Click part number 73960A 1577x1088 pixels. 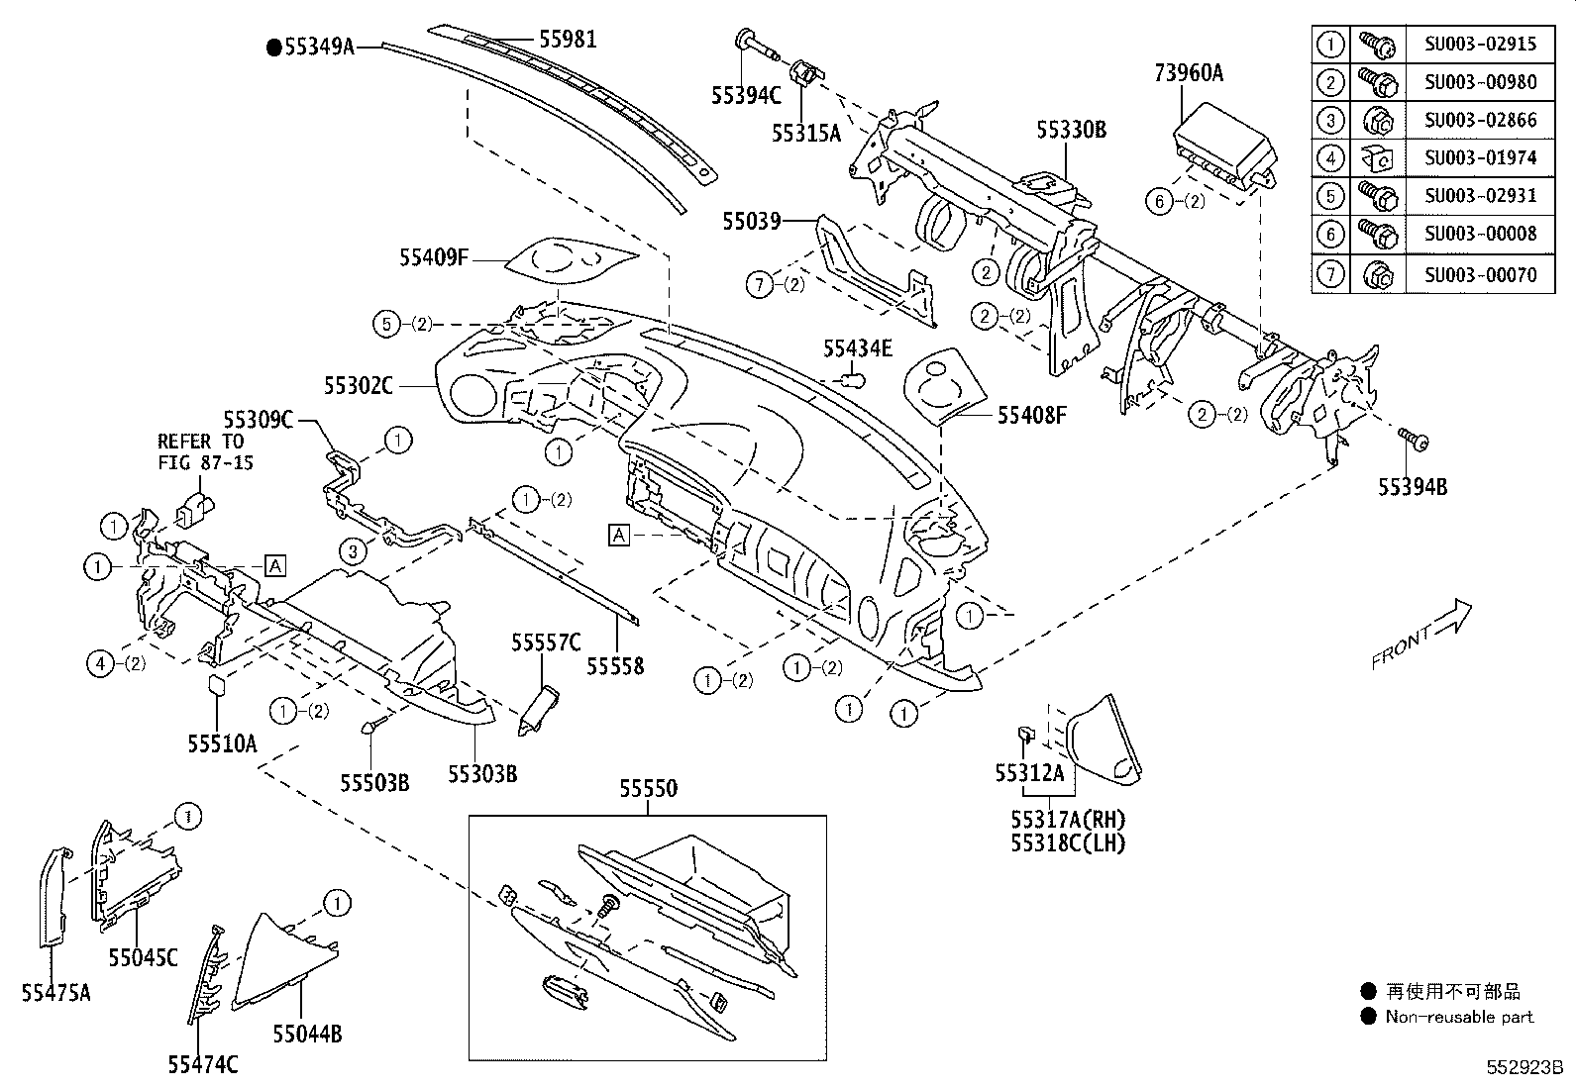(1188, 72)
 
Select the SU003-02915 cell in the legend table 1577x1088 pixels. (1480, 44)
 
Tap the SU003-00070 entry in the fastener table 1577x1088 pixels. (1480, 274)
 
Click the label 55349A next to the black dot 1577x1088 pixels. (318, 46)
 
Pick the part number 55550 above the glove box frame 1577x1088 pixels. (648, 789)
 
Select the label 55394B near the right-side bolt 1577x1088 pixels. (1413, 486)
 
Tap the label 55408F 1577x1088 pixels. (1031, 415)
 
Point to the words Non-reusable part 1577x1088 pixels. (1458, 1017)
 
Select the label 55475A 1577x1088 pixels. (55, 991)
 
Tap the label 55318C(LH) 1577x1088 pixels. (1068, 842)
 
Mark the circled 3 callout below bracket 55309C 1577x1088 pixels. (353, 551)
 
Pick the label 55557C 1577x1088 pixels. (545, 643)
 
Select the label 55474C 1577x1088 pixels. (202, 1064)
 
